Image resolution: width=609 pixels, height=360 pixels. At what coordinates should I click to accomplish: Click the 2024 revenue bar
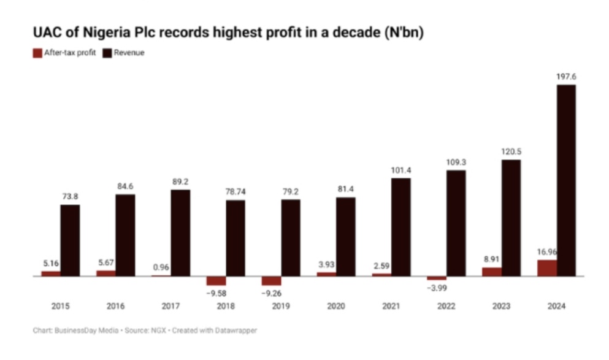pos(565,180)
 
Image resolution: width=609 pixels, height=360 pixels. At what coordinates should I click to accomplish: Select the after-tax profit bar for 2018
pos(216,281)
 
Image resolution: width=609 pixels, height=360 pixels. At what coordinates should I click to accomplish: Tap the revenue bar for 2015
pos(70,240)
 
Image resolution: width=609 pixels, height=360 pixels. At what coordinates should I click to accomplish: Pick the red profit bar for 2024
pos(546,268)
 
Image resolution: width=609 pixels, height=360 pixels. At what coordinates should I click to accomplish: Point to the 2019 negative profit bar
pos(271,281)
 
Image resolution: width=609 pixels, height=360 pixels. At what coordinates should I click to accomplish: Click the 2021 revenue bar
pos(400,227)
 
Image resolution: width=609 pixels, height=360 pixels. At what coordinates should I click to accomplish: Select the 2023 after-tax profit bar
pos(491,272)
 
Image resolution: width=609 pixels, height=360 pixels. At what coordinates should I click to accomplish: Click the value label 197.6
pos(565,77)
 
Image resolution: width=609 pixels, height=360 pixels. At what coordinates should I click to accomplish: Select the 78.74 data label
pos(235,191)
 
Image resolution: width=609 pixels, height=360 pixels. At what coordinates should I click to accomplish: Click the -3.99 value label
pos(437,289)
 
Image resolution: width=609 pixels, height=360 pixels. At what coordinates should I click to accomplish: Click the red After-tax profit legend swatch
pos(36,53)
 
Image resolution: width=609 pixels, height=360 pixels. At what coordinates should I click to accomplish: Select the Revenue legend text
pos(129,53)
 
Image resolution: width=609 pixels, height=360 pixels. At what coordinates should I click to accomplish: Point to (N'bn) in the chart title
pos(403,32)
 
